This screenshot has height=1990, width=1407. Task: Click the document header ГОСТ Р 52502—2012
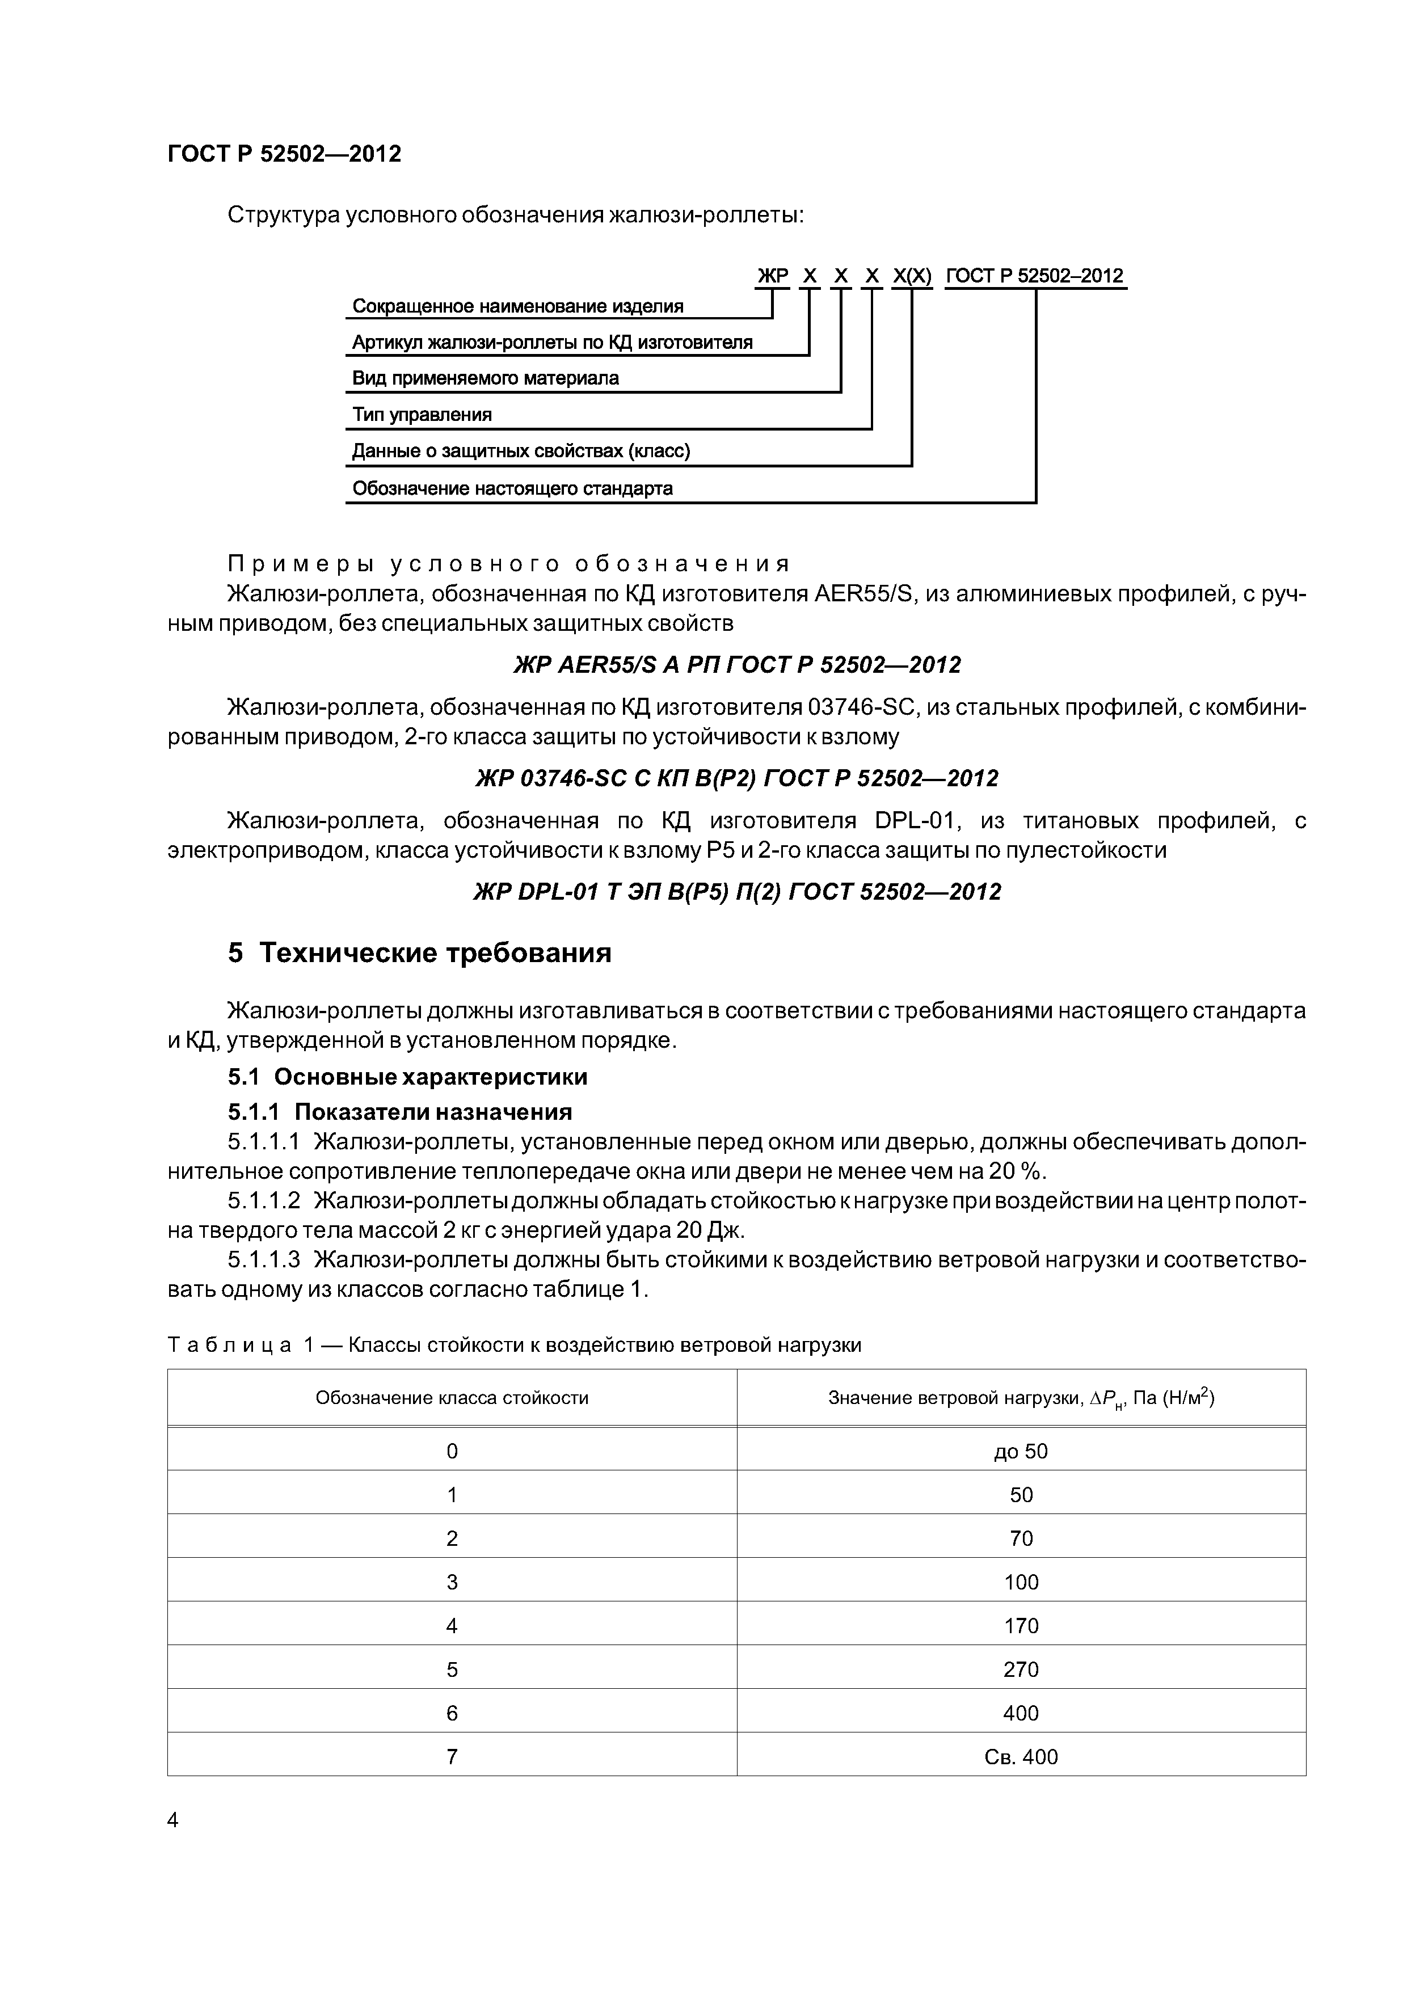pos(284,154)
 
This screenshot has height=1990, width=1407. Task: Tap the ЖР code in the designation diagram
pos(772,276)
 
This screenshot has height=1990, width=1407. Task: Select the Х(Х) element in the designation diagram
pos(912,276)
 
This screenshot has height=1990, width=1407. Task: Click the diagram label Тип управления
pos(422,414)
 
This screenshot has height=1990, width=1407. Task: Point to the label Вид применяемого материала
pos(486,378)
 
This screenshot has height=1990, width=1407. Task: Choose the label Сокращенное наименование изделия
pos(517,306)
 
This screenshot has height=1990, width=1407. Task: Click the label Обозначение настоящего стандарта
pos(512,488)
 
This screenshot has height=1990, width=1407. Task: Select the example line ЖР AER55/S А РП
pos(737,665)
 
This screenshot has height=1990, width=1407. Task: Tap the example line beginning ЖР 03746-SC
pos(737,778)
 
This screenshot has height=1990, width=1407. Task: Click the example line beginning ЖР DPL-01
pos(737,892)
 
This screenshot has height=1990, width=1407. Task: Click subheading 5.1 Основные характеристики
pos(407,1077)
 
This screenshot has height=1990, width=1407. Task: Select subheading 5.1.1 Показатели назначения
pos(399,1112)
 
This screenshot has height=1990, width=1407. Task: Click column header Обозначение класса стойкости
pos(452,1397)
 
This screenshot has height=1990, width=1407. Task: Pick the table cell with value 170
pos(1021,1625)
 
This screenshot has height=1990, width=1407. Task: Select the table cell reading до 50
pos(1021,1451)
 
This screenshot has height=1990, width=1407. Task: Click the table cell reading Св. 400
pos(1021,1757)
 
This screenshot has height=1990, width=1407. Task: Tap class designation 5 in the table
pos(452,1669)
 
